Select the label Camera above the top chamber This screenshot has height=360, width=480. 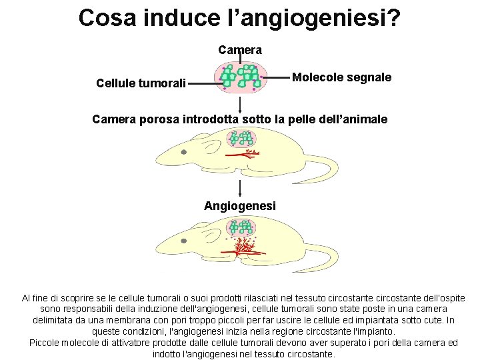pyautogui.click(x=240, y=50)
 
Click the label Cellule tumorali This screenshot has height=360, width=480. pyautogui.click(x=141, y=83)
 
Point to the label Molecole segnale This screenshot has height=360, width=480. pyautogui.click(x=341, y=77)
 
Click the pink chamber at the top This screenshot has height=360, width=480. pyautogui.click(x=240, y=77)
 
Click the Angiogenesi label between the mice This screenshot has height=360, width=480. pyautogui.click(x=240, y=206)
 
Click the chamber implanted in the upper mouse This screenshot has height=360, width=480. pyautogui.click(x=240, y=139)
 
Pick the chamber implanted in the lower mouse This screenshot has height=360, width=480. pyautogui.click(x=240, y=227)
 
